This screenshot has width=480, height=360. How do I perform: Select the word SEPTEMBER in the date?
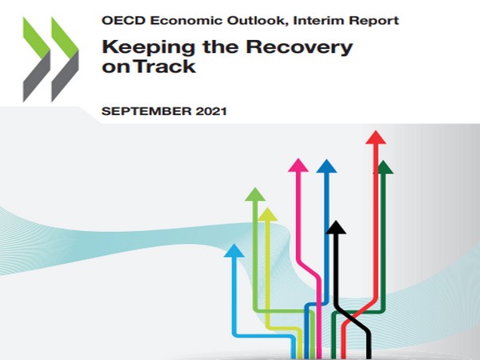click(145, 111)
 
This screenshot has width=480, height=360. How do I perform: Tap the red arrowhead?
click(374, 138)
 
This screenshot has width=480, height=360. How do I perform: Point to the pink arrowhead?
click(298, 166)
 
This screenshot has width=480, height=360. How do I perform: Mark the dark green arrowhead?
click(385, 167)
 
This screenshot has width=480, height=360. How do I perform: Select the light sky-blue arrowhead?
click(234, 251)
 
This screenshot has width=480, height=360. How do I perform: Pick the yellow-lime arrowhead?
click(268, 214)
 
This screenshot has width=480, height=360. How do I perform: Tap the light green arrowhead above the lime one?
click(255, 194)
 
